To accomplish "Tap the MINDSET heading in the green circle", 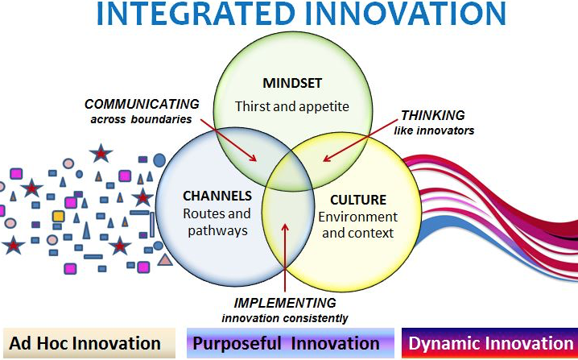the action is click(292, 83).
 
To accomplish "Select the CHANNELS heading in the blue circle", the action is click(217, 196).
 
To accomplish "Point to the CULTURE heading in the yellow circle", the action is click(358, 200).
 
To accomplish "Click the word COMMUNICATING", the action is click(142, 105).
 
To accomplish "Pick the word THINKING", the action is click(433, 115).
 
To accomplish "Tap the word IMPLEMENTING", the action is click(285, 303).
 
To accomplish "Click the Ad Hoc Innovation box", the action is click(89, 343).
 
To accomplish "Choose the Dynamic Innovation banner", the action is click(490, 343).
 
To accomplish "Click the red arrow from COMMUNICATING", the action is click(229, 140).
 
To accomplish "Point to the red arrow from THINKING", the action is click(361, 140).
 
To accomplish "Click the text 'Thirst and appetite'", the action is click(292, 106).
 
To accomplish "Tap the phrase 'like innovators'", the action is click(434, 130).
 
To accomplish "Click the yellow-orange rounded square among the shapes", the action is click(58, 216).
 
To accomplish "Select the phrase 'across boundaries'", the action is click(141, 119).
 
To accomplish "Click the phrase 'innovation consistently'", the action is click(285, 318).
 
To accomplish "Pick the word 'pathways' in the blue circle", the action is click(217, 230).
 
